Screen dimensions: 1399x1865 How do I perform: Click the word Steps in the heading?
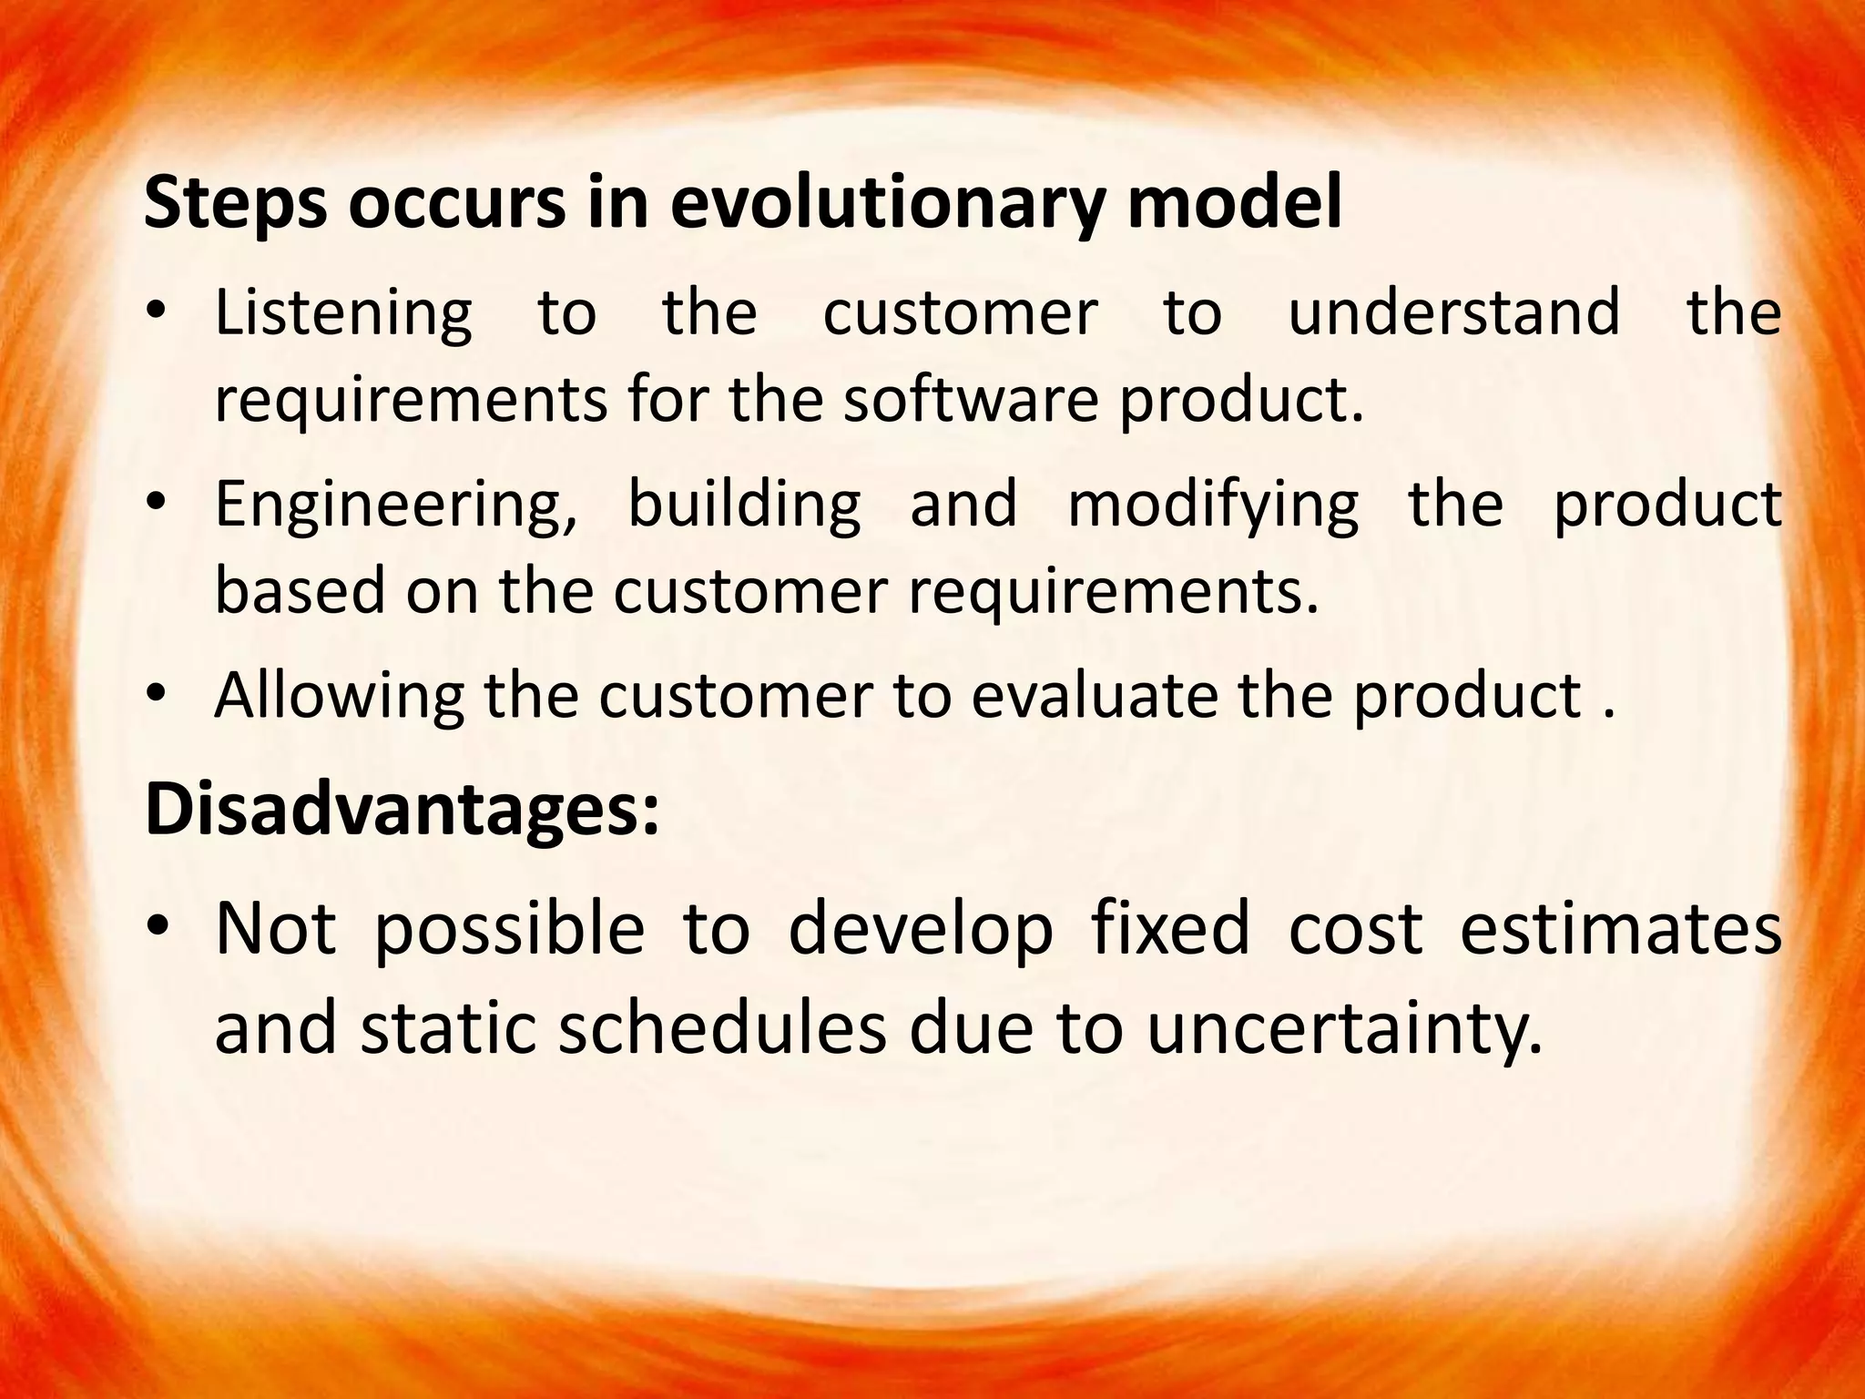point(235,205)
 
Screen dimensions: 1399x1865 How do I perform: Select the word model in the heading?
point(1233,203)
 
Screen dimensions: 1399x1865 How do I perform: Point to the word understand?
point(1453,312)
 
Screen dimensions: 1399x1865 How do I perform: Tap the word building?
point(744,504)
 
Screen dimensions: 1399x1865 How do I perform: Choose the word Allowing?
point(339,697)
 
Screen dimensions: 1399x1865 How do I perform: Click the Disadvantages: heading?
point(402,810)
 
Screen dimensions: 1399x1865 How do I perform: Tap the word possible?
point(509,931)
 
